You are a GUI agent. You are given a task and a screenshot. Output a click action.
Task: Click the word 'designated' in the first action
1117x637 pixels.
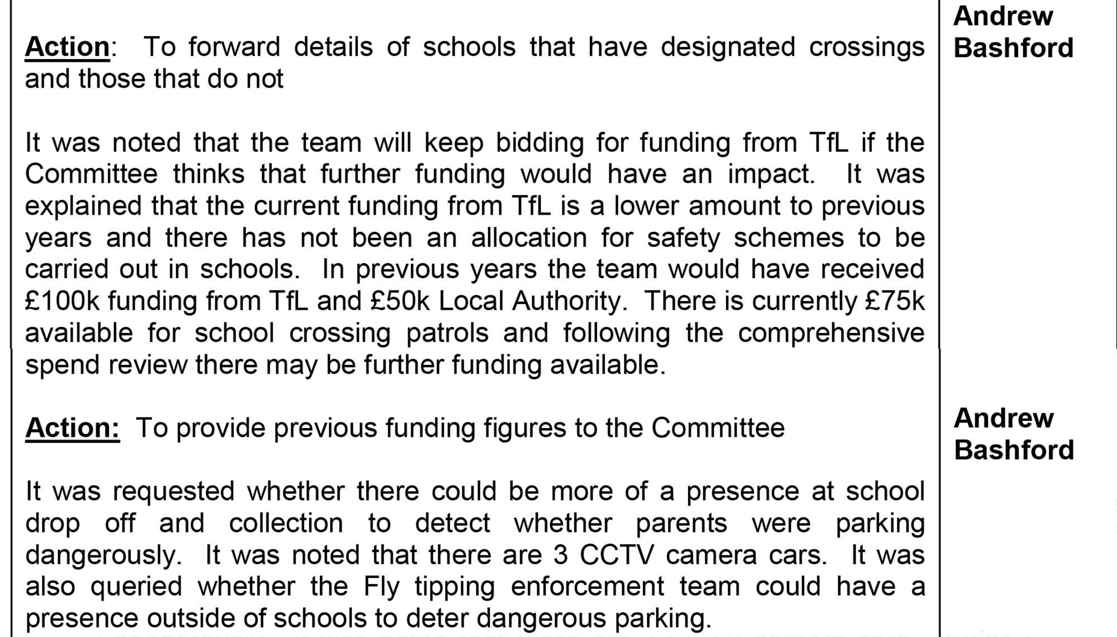pyautogui.click(x=728, y=47)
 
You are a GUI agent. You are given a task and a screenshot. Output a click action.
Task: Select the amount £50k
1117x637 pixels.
pyautogui.click(x=400, y=301)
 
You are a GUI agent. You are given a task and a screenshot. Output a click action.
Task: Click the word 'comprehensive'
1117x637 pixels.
pyautogui.click(x=831, y=334)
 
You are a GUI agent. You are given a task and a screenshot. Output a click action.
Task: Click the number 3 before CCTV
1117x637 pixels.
pyautogui.click(x=561, y=555)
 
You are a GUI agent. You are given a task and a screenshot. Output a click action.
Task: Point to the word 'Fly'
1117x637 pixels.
pyautogui.click(x=381, y=587)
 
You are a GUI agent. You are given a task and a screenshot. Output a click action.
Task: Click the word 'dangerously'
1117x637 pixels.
pyautogui.click(x=103, y=555)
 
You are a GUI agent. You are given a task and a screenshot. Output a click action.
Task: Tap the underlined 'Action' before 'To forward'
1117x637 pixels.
pyautogui.click(x=67, y=47)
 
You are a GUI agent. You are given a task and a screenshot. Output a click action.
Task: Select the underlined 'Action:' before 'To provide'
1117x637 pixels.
pyautogui.click(x=72, y=429)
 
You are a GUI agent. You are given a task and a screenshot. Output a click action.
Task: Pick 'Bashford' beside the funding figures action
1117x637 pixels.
pyautogui.click(x=1014, y=450)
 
